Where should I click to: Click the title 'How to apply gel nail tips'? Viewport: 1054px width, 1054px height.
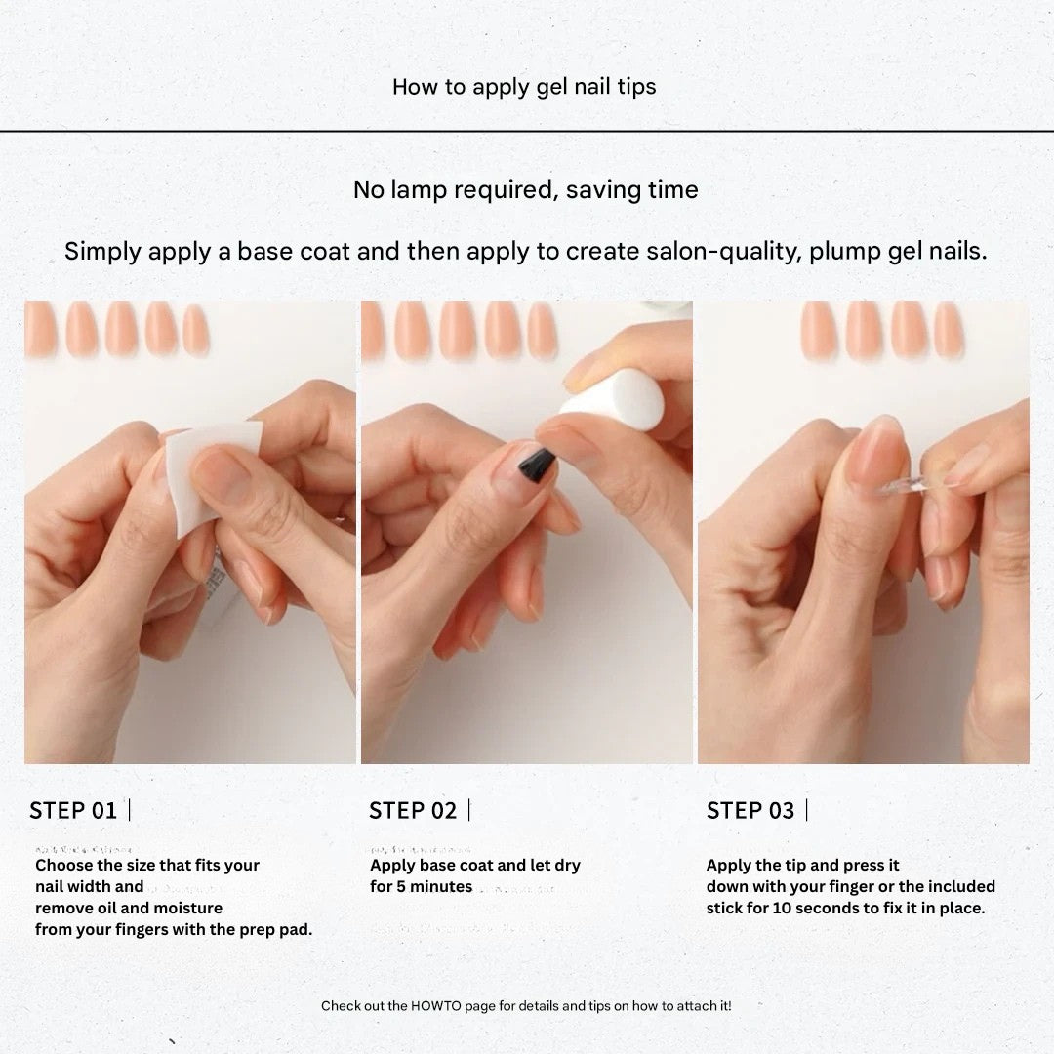coord(524,86)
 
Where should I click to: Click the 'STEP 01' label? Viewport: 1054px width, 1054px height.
coord(73,810)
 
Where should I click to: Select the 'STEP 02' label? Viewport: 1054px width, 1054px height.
coord(412,810)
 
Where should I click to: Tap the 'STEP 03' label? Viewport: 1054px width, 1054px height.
coord(750,810)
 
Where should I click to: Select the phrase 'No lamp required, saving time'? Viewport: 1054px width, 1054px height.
coord(525,189)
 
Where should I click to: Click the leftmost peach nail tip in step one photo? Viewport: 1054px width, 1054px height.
coord(41,328)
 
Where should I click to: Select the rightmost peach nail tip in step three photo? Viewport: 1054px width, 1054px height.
coord(948,330)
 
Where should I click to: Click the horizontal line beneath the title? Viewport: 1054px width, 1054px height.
coord(527,130)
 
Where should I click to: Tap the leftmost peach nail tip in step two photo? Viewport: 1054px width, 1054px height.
coord(373,330)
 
